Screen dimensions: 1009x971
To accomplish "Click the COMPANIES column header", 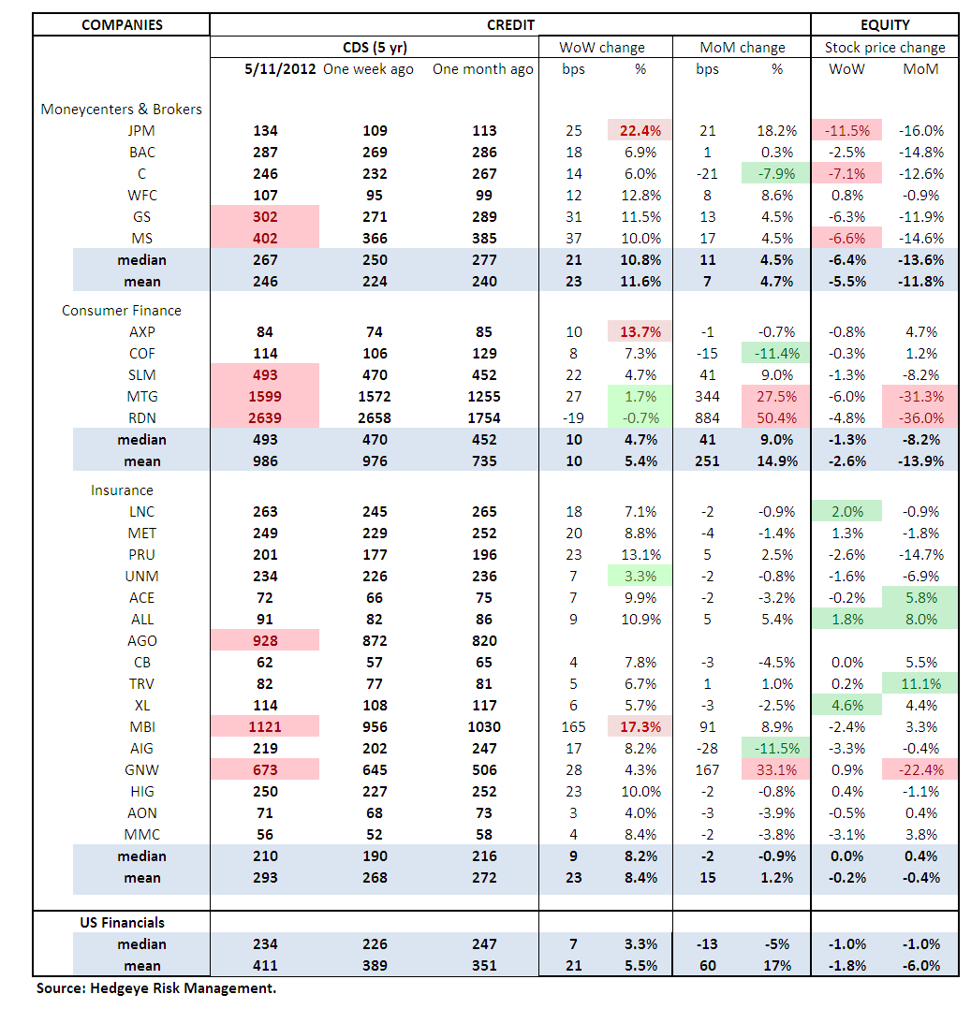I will (121, 25).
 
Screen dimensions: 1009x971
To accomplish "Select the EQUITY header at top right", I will (884, 25).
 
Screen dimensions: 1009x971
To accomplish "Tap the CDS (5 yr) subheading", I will (375, 47).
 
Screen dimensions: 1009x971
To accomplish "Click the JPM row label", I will (141, 131).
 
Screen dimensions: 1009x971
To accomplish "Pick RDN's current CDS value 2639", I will (266, 418).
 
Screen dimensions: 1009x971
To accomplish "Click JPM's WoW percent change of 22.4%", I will (640, 131).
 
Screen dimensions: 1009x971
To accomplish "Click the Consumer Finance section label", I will (122, 311).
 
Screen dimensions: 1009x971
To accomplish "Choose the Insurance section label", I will (122, 490).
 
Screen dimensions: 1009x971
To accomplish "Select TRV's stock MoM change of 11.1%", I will (921, 684).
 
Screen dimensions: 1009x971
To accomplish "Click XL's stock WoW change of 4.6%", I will (846, 706).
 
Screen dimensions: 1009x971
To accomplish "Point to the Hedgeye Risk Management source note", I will (156, 988).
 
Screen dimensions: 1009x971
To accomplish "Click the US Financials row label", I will (121, 923).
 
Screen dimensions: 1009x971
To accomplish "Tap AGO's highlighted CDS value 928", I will (266, 641).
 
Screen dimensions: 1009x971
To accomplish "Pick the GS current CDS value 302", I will (266, 217).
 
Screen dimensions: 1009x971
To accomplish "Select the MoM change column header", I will (743, 47).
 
